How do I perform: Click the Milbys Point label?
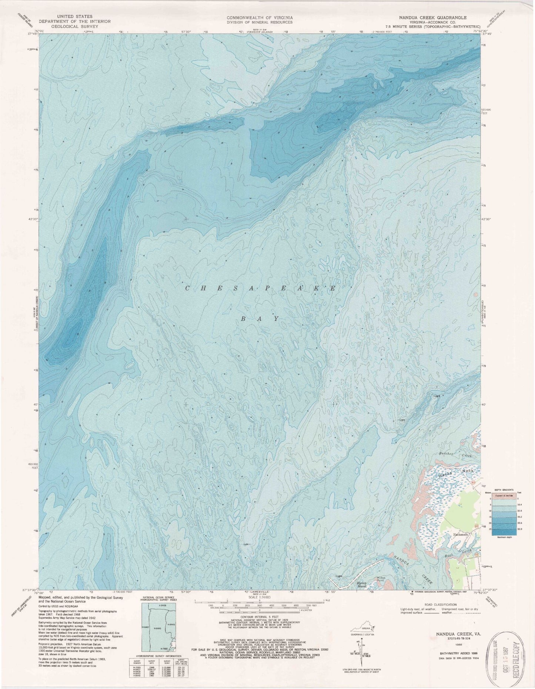382,580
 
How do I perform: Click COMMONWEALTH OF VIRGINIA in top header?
260,17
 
